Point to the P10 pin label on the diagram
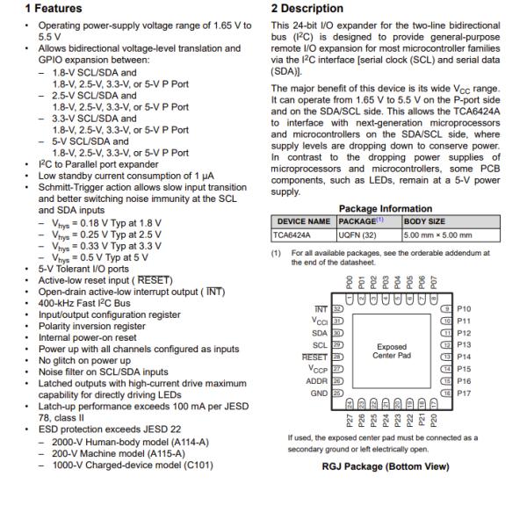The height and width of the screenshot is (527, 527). pos(464,309)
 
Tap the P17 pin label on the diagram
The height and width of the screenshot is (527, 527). pos(464,393)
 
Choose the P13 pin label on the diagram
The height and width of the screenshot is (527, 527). pos(464,345)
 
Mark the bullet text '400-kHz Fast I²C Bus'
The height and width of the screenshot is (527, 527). pos(71,302)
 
